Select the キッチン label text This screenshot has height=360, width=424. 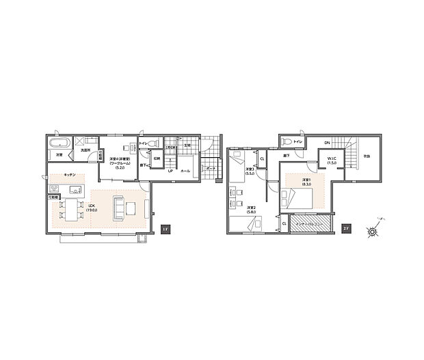(x=69, y=175)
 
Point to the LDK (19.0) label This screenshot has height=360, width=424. (x=93, y=208)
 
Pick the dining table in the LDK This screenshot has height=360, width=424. (x=67, y=209)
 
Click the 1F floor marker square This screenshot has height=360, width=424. (x=165, y=229)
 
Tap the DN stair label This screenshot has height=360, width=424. (x=327, y=142)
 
